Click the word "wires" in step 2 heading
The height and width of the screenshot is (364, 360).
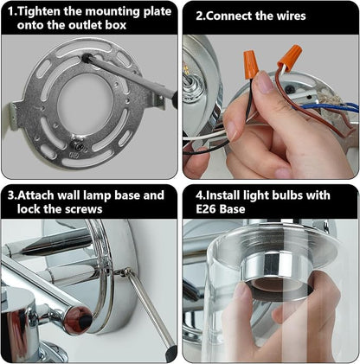(291, 16)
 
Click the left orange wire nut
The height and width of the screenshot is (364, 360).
(250, 64)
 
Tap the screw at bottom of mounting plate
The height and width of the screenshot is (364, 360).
(79, 146)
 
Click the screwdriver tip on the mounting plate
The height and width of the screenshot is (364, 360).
(87, 58)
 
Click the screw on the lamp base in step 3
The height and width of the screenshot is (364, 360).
(125, 271)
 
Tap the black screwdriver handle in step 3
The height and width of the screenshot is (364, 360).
(171, 353)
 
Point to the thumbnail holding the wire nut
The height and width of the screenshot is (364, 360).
(264, 81)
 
